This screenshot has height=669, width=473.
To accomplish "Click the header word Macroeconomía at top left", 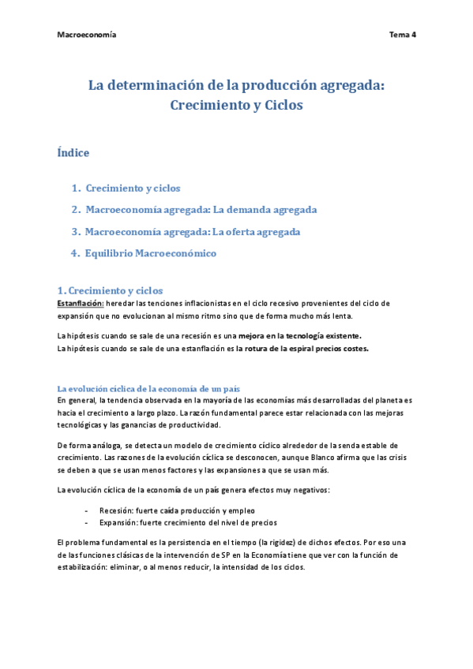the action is tap(87, 36).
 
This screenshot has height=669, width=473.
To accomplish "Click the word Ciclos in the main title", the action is tap(280, 104).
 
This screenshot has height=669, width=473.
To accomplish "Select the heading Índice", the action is tap(73, 152).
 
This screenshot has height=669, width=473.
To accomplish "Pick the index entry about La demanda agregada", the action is tap(201, 210).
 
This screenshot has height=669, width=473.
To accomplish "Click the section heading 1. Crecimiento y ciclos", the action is tap(110, 291).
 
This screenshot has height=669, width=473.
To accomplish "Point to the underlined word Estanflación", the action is tap(81, 303).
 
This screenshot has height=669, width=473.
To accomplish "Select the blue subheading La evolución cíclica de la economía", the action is tap(148, 389).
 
